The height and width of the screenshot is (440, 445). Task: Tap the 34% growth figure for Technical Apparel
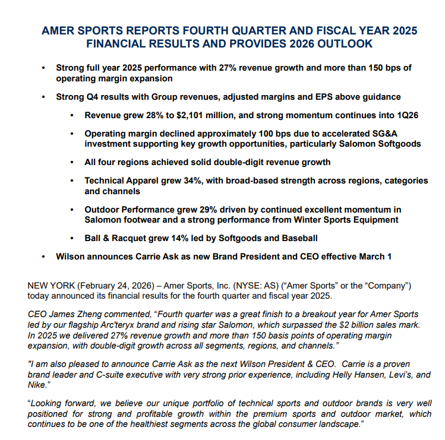pos(202,181)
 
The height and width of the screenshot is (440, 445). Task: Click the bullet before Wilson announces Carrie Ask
pos(43,257)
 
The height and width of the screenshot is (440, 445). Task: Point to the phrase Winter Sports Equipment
pos(341,220)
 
